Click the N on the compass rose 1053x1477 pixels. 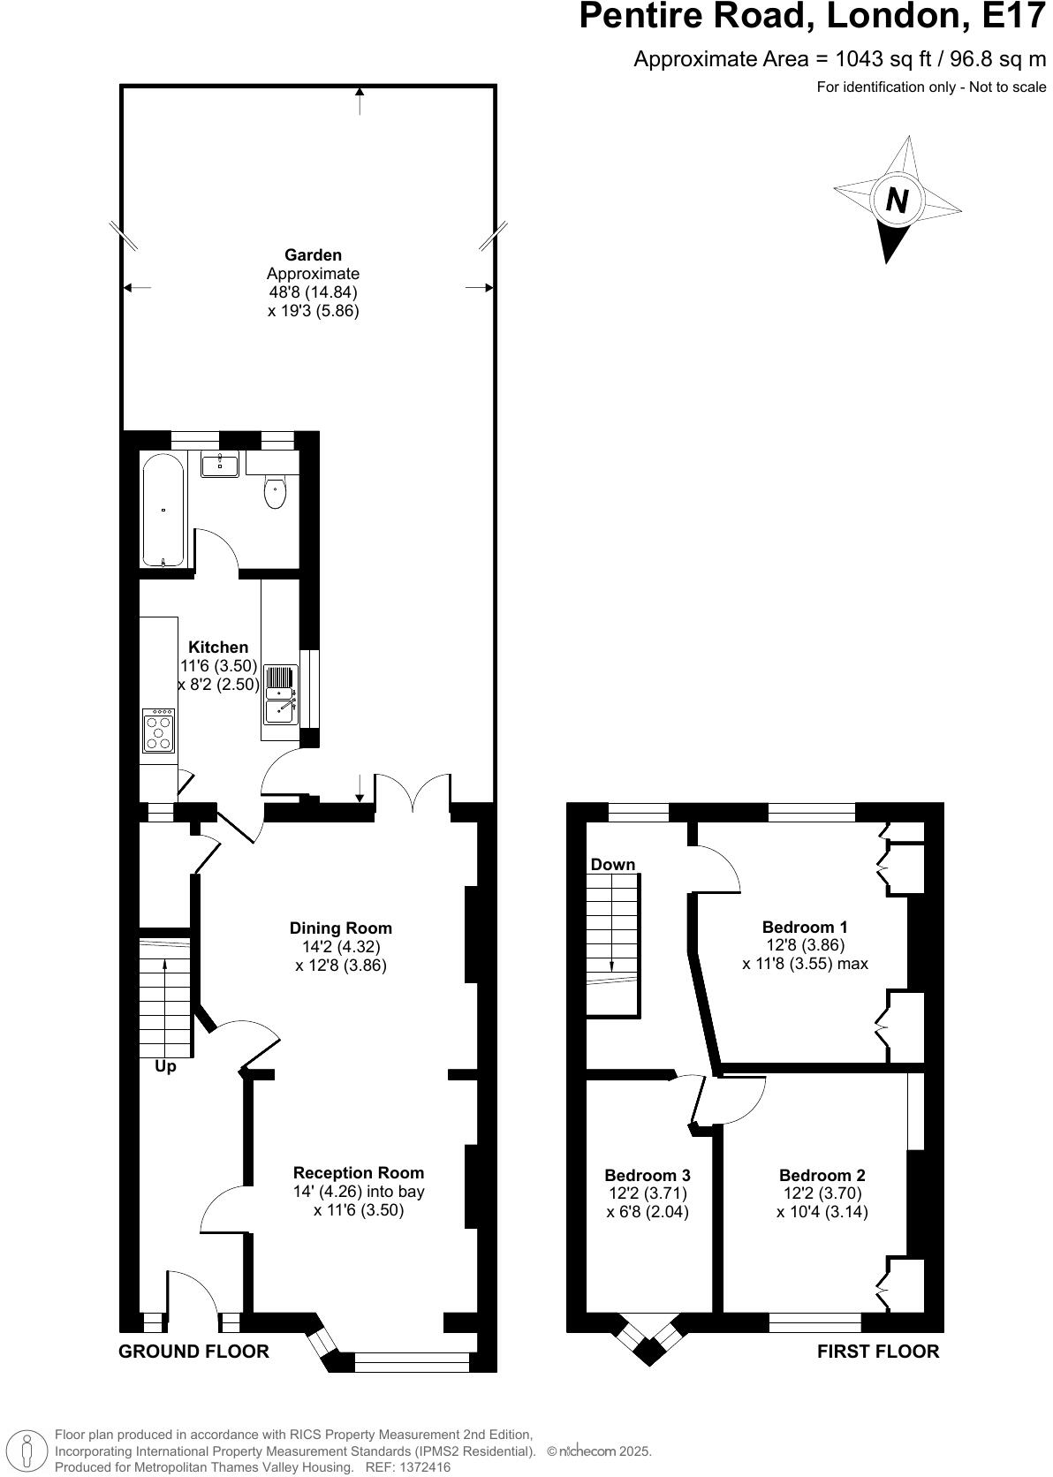pos(897,201)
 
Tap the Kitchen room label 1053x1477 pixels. pos(218,648)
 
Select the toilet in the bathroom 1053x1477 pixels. pos(275,492)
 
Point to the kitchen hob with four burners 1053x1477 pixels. pos(159,731)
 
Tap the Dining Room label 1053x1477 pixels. pos(341,928)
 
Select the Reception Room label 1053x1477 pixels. pos(359,1172)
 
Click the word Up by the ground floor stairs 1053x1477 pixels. pos(165,1066)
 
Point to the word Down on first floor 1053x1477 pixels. pos(612,864)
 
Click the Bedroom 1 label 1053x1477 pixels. pos(805,927)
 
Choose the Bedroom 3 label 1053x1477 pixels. pos(647,1175)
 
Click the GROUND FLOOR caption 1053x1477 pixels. pos(193,1351)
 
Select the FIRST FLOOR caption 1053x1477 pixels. pos(877,1351)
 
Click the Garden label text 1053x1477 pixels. pos(313,255)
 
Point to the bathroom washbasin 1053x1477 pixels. pos(219,465)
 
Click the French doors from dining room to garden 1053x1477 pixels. pos(413,793)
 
